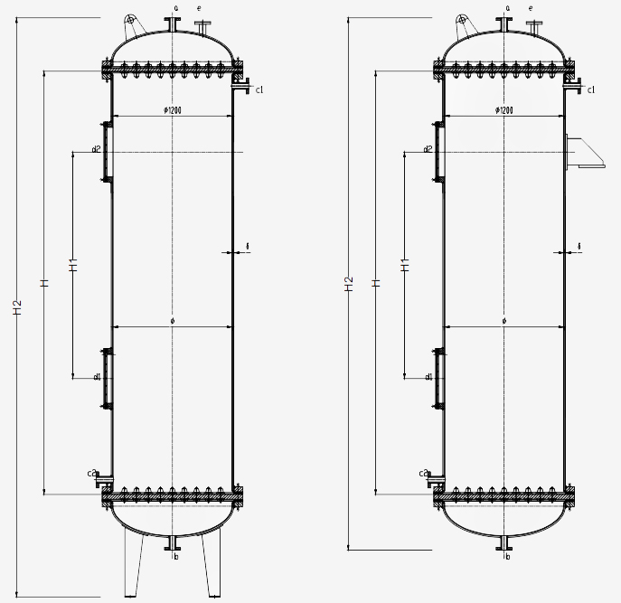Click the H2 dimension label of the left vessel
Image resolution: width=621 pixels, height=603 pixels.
pos(15,308)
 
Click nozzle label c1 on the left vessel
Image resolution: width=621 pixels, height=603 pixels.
pos(259,90)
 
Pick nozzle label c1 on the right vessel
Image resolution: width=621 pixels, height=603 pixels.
pos(591,90)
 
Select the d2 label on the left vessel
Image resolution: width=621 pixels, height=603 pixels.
pos(96,147)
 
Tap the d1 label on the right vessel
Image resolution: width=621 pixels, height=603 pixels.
pos(428,376)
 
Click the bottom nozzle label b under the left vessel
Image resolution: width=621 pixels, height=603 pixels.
pos(176,557)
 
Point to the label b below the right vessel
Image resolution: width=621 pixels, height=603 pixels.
pos(508,557)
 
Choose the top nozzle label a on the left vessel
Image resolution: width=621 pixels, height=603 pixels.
pos(175,7)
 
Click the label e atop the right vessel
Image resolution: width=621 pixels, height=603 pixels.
pos(530,8)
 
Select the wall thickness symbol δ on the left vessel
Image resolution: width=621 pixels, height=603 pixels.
pos(247,246)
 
